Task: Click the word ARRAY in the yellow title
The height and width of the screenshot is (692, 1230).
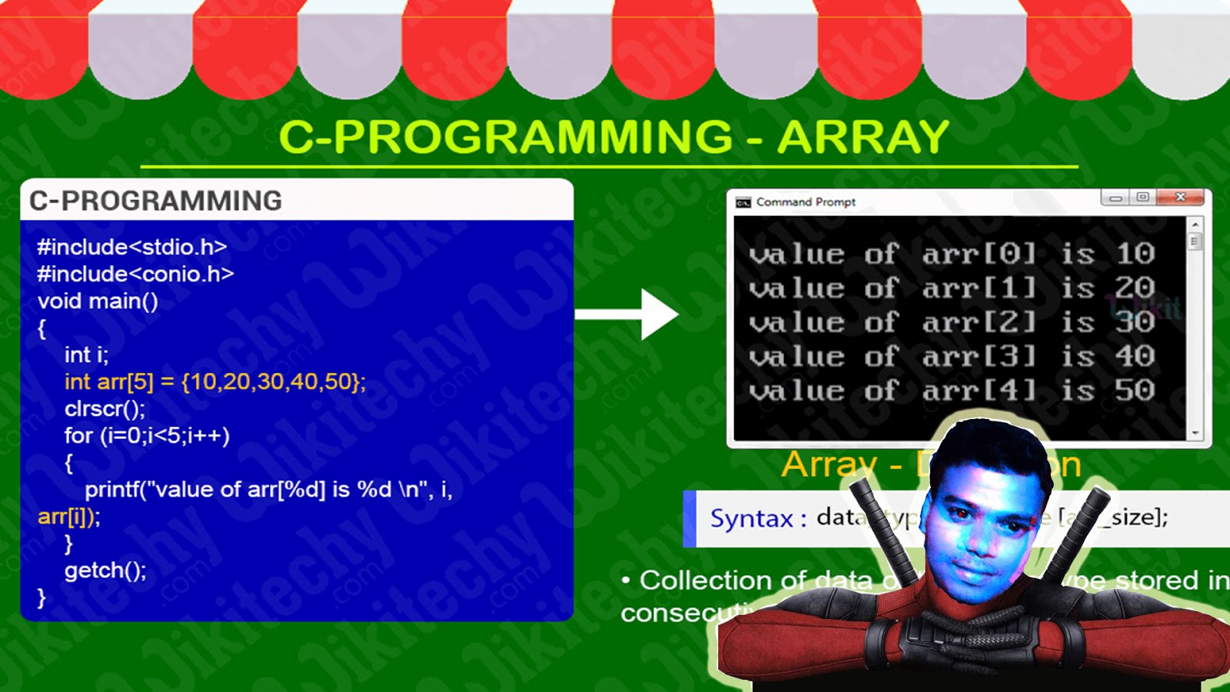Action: pyautogui.click(x=863, y=138)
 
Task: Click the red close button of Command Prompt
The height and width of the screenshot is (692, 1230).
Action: pyautogui.click(x=1181, y=198)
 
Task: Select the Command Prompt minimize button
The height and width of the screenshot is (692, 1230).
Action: pyautogui.click(x=1115, y=198)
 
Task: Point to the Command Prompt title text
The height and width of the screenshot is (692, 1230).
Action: pyautogui.click(x=805, y=202)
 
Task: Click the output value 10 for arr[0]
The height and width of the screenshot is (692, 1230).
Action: pyautogui.click(x=1135, y=254)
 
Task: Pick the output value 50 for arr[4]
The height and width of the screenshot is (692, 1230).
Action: pyautogui.click(x=1135, y=391)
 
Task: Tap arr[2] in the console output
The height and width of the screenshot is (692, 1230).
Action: pyautogui.click(x=979, y=322)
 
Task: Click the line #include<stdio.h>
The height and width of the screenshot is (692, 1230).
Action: pyautogui.click(x=131, y=247)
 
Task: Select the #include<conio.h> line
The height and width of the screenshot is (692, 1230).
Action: pyautogui.click(x=135, y=274)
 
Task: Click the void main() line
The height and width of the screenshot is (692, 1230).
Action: pyautogui.click(x=98, y=301)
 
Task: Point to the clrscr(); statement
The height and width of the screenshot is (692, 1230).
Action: pyautogui.click(x=105, y=408)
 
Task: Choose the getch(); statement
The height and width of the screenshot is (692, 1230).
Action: pyautogui.click(x=105, y=571)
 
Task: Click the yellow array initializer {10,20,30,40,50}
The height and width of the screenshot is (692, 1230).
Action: pyautogui.click(x=273, y=381)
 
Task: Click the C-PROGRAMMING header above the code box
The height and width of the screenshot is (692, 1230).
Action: pyautogui.click(x=155, y=201)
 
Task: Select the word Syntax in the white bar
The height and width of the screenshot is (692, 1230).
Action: pyautogui.click(x=751, y=518)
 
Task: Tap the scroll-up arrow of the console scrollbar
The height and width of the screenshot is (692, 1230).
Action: pyautogui.click(x=1195, y=225)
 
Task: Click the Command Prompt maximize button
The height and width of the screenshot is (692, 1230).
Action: pyautogui.click(x=1143, y=198)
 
